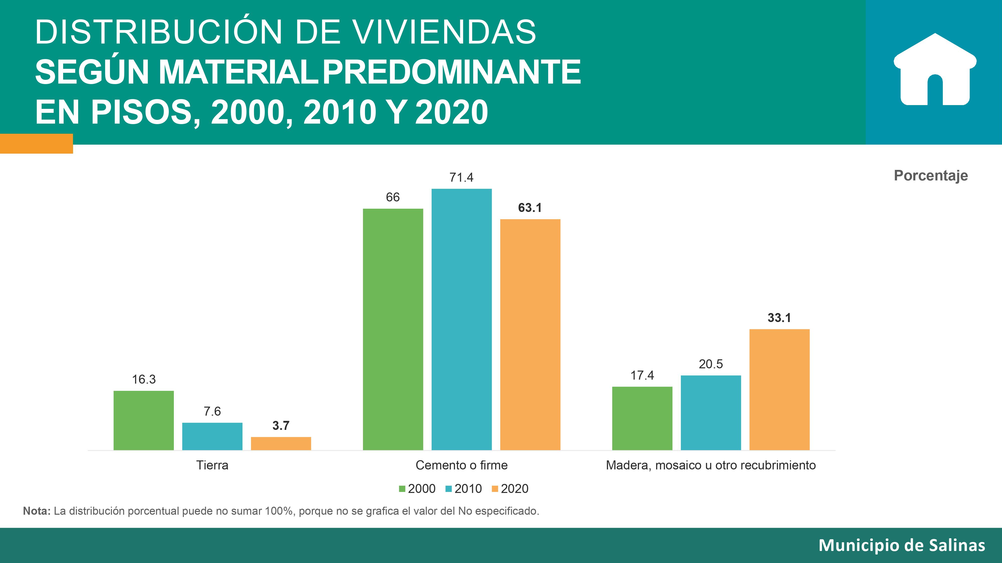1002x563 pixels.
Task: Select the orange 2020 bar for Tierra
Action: (x=281, y=443)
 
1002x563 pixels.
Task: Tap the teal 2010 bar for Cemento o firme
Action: (x=461, y=319)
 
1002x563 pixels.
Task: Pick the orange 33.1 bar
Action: (x=779, y=389)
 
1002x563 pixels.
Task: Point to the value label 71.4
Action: (x=461, y=178)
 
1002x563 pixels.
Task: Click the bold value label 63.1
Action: (x=530, y=208)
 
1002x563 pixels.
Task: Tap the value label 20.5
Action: (x=711, y=364)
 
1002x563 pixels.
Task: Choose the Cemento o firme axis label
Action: (x=461, y=465)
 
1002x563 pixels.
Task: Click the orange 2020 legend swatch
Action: (x=495, y=489)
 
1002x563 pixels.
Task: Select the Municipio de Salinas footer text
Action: (x=902, y=545)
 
